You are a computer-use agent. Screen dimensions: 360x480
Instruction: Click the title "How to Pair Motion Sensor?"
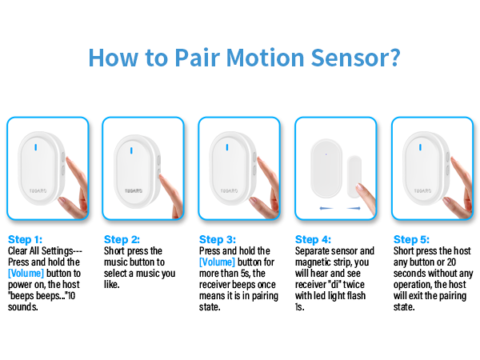[244, 58]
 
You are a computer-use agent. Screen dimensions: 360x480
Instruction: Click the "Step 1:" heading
[26, 239]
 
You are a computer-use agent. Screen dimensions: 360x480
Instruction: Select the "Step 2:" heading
[122, 239]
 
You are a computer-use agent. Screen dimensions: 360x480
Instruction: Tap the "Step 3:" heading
[218, 239]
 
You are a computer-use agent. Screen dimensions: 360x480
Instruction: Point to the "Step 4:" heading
[314, 239]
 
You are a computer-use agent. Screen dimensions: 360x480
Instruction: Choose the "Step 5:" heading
[410, 239]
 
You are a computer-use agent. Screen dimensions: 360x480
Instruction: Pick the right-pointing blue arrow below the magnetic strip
[356, 207]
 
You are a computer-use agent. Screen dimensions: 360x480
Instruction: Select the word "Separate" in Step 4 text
[314, 250]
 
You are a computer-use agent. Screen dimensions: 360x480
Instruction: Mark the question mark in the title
[394, 58]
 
